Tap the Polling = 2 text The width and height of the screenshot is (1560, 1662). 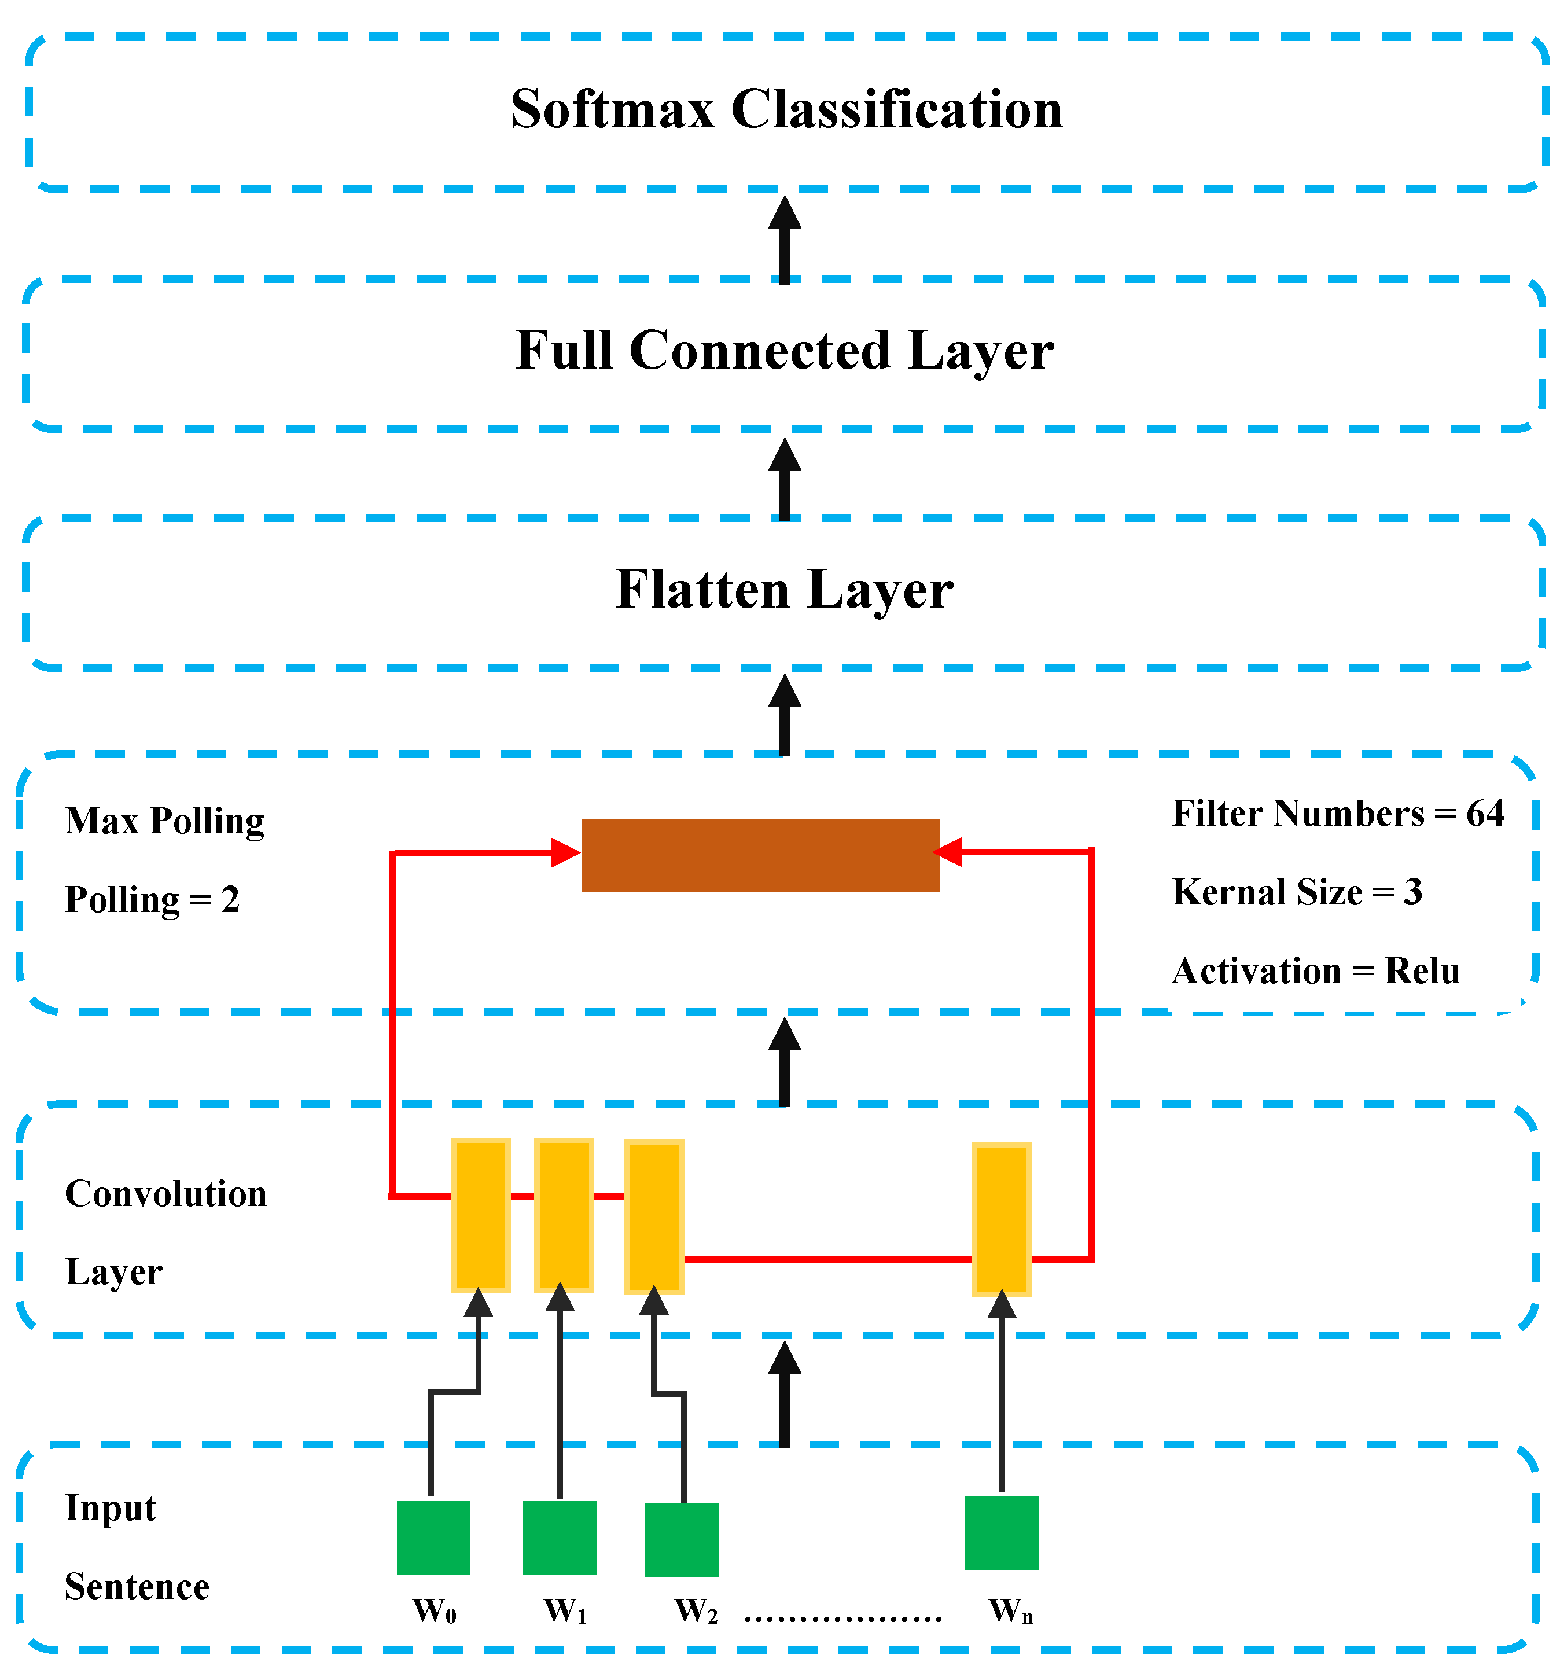point(152,899)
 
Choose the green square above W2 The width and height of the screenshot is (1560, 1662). point(682,1540)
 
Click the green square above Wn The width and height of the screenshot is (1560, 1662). point(1002,1532)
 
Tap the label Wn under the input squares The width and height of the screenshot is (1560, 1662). point(1010,1610)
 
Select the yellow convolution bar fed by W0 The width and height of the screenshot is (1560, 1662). point(481,1215)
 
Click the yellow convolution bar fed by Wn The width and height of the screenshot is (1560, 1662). point(1002,1219)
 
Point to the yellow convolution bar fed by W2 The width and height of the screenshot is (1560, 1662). point(654,1216)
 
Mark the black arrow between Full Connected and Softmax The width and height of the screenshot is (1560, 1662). point(784,238)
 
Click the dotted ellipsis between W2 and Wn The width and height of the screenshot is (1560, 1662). point(842,1619)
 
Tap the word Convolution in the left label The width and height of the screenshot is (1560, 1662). point(165,1193)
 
